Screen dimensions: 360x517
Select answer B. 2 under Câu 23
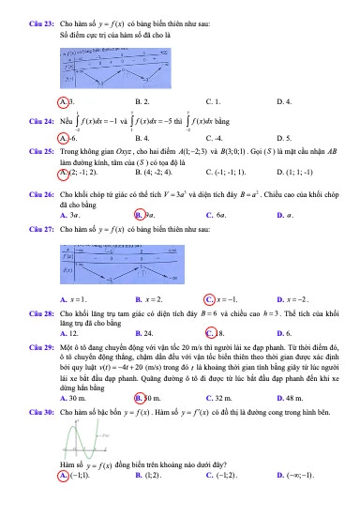pos(142,99)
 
